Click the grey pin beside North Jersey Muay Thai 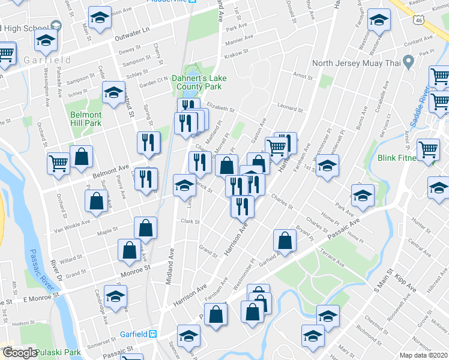click(x=409, y=61)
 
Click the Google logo click(x=20, y=352)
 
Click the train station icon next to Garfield click(x=153, y=334)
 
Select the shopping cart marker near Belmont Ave click(x=59, y=162)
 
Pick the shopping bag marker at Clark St click(x=146, y=228)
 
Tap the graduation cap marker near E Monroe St click(x=115, y=295)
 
